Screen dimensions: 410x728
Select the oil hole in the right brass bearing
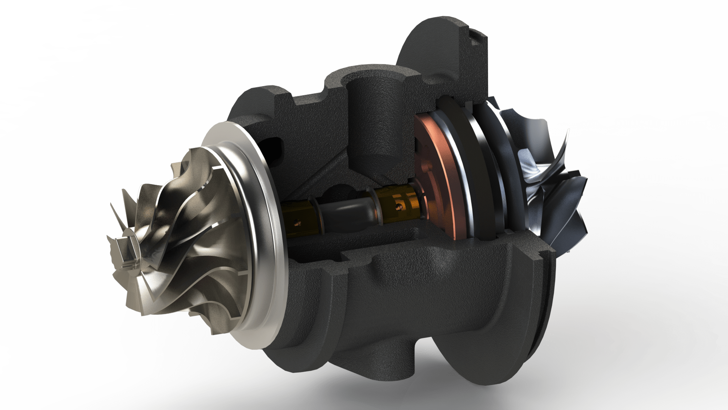pos(398,207)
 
